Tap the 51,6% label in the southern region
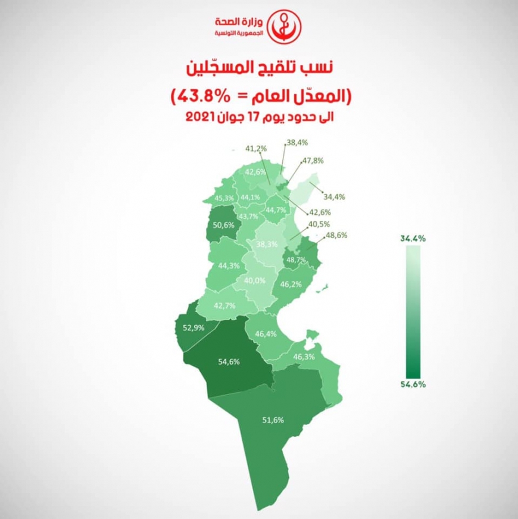[273, 420]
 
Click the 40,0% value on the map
[255, 281]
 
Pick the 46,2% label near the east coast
[291, 284]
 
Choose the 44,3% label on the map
[229, 265]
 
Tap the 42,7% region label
[224, 305]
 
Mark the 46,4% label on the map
[265, 334]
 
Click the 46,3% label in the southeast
[304, 357]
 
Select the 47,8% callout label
[313, 161]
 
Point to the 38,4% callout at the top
[297, 143]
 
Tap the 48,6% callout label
[336, 236]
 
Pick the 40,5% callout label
[320, 225]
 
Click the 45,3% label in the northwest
[224, 198]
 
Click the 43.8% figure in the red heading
[198, 95]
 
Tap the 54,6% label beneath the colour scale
[413, 384]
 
